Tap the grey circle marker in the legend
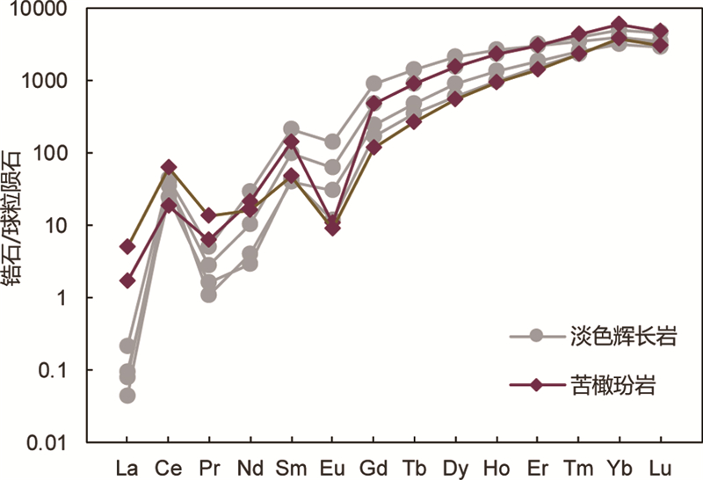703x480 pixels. pyautogui.click(x=537, y=336)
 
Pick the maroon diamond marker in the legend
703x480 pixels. pyautogui.click(x=537, y=385)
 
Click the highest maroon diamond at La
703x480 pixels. pyautogui.click(x=127, y=246)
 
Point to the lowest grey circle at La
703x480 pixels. pyautogui.click(x=127, y=395)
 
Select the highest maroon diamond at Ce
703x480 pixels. pyautogui.click(x=169, y=167)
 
